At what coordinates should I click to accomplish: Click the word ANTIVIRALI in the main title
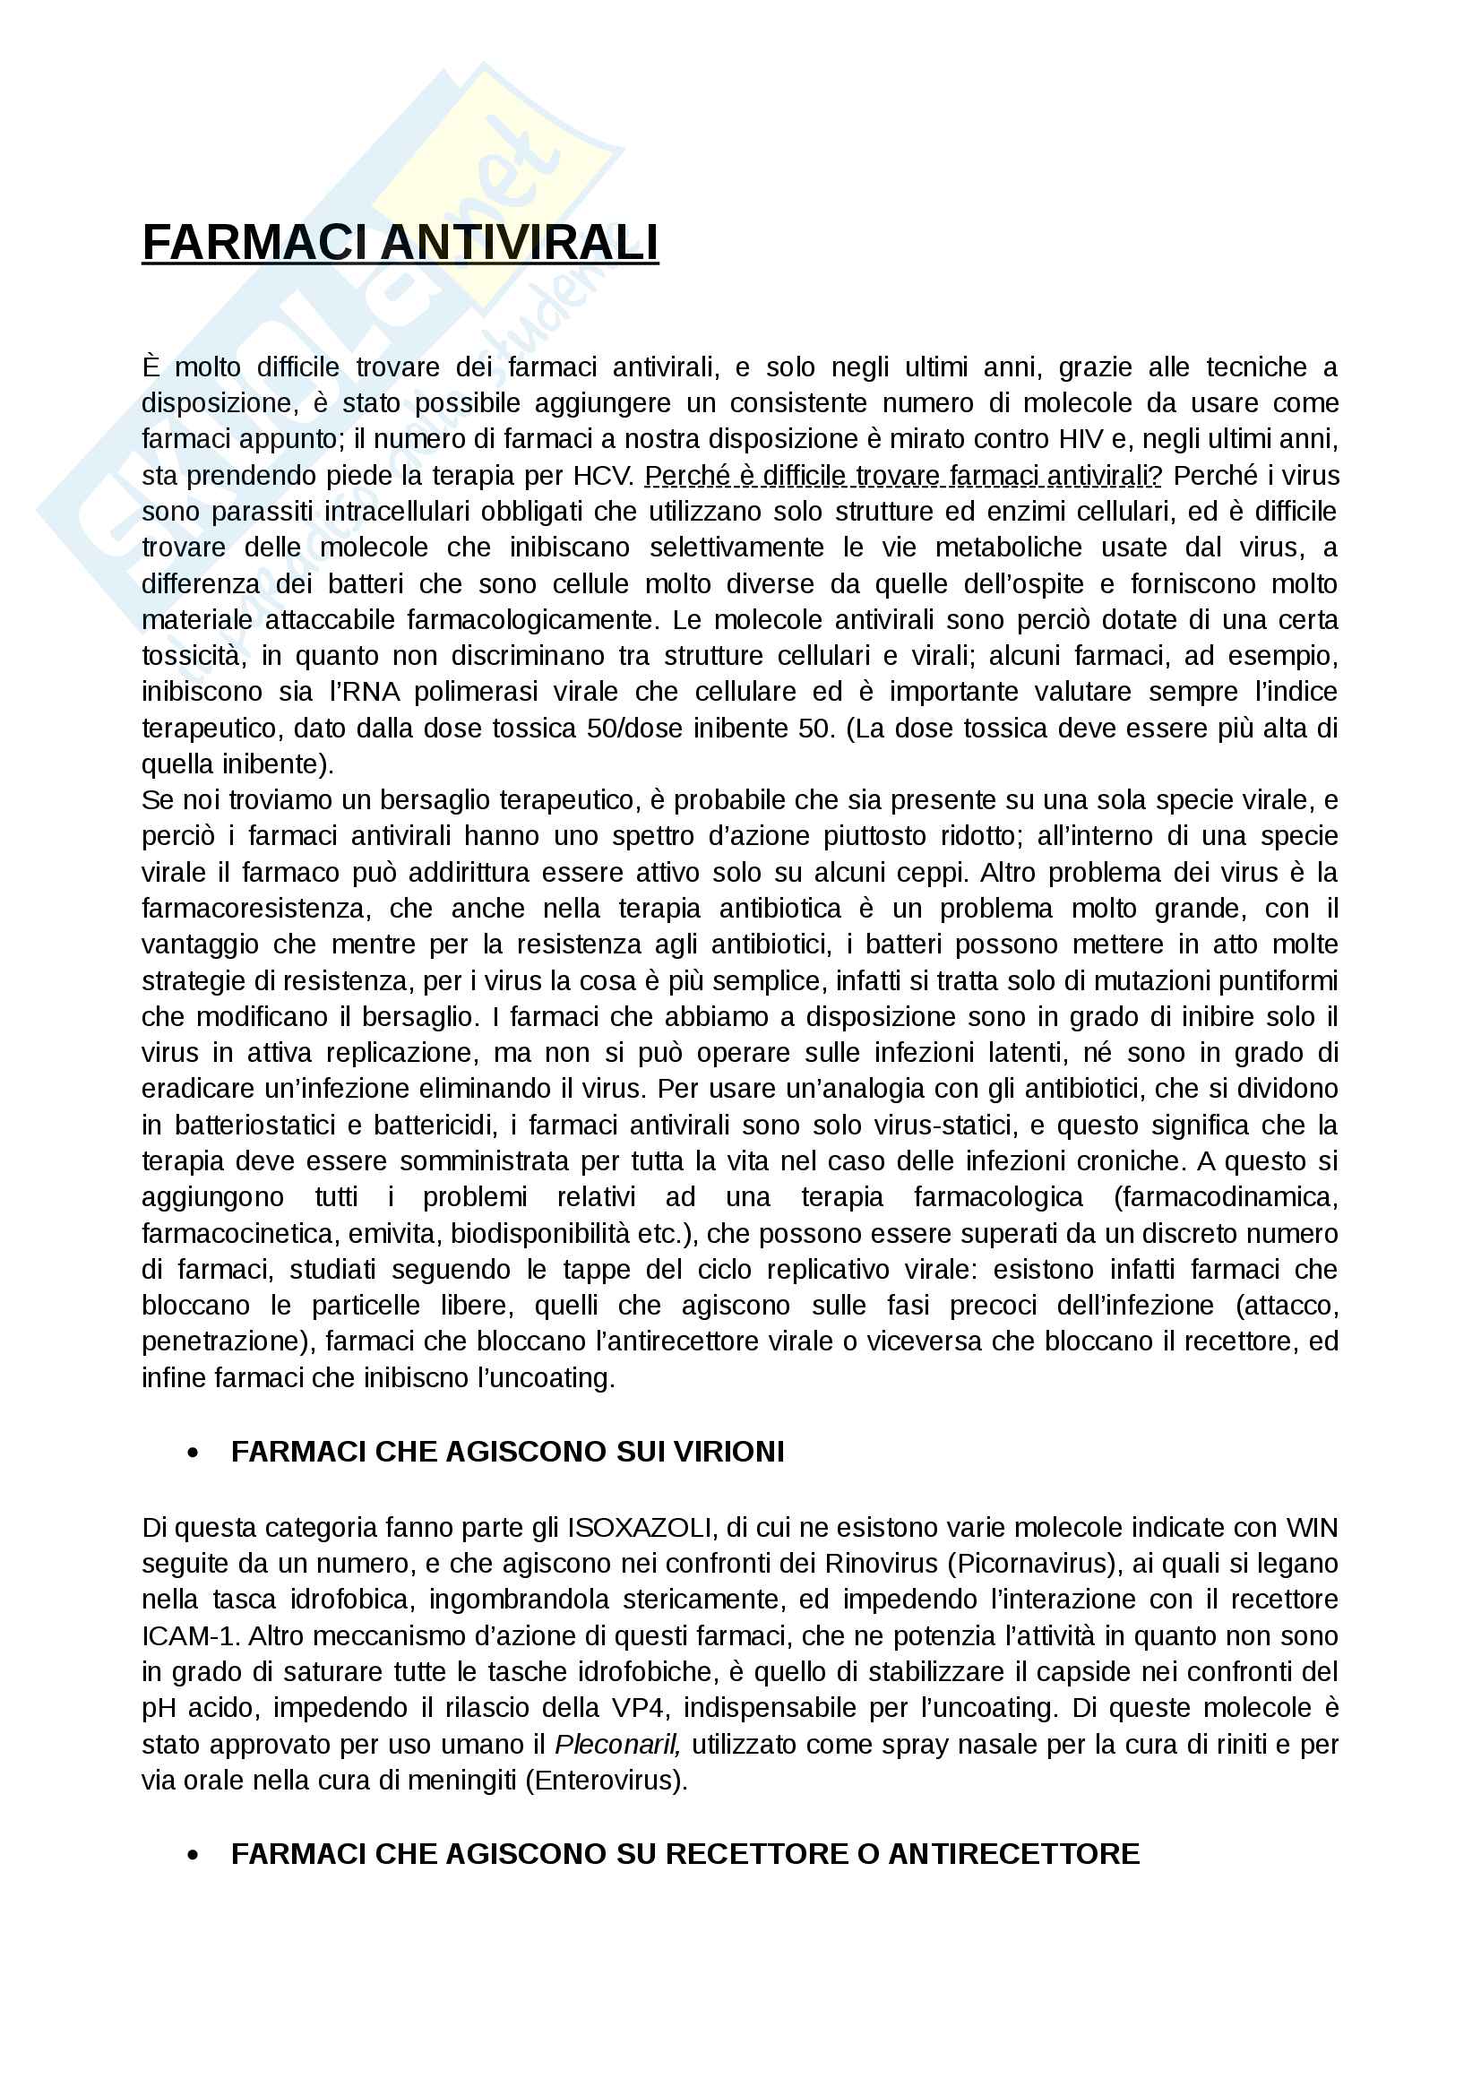(x=520, y=243)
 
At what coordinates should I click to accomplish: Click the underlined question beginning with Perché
(x=903, y=476)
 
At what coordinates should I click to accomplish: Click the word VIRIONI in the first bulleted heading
(x=728, y=1452)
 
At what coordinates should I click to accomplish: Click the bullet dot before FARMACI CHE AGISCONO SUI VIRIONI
(x=193, y=1453)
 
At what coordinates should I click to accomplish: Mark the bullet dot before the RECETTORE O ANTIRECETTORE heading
(x=193, y=1856)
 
